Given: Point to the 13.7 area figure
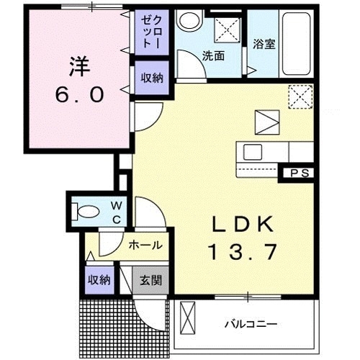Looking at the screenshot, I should point(243,253).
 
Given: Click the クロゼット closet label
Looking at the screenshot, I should point(147,32).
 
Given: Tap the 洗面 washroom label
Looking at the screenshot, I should point(212,55).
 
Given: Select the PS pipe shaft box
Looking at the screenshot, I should point(300,173).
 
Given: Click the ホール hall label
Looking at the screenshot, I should point(145,246).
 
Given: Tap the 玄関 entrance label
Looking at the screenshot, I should point(150,279).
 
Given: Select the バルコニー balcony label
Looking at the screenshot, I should point(249,324).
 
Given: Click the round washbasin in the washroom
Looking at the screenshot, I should point(189,21).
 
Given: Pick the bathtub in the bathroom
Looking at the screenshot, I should point(296,44).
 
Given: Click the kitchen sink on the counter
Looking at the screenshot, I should point(253,152).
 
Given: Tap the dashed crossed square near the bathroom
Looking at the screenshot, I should point(300,96).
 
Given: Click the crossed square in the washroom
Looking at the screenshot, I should point(229,30).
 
